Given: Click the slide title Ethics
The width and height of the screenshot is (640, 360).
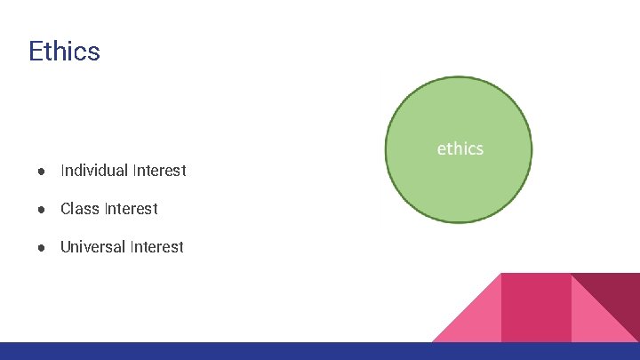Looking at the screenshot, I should pos(64,51).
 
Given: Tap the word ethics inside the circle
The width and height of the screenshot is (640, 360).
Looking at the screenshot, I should pos(460,148).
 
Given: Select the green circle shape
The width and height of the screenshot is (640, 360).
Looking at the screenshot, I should pos(459,187).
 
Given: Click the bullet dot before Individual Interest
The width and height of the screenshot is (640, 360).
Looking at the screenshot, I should pos(42,171).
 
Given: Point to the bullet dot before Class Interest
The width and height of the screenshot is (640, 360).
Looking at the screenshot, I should pos(42,209).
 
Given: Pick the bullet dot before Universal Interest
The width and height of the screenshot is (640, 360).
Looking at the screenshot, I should pos(42,247).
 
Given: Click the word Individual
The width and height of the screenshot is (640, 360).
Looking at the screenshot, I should pos(94,170).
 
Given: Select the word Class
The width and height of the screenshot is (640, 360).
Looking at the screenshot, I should pos(80,209).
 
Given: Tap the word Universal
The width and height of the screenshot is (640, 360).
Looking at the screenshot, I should pos(92,247).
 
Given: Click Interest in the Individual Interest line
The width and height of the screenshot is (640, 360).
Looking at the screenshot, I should pos(159,170).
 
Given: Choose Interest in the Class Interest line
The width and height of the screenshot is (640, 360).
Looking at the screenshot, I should pos(131,209).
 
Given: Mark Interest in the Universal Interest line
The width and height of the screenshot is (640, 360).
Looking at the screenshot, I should pos(156,247).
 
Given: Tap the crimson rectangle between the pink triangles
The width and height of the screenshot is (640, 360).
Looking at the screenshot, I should pos(536,307).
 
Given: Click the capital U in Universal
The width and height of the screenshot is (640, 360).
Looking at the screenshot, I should pos(65,247).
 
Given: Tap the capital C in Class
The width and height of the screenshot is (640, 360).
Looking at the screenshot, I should pos(66,209).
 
